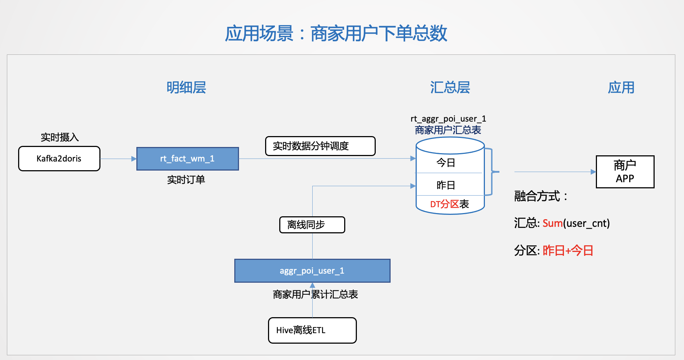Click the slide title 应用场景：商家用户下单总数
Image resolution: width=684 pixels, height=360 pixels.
(336, 34)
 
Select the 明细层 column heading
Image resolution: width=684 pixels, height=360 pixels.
(186, 88)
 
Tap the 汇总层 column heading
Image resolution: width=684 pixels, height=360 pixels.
(450, 88)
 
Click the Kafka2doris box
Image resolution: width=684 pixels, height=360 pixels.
(59, 159)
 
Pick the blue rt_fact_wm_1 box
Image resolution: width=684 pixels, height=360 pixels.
(188, 159)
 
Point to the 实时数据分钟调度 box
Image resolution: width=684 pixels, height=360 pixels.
(320, 146)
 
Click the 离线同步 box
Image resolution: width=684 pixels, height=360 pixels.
(312, 225)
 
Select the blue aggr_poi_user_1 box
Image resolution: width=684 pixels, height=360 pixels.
(312, 271)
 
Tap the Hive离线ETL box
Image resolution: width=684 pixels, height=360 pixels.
(312, 330)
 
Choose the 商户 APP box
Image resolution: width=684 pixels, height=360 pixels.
(625, 172)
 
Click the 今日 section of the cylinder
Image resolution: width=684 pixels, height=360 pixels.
(446, 163)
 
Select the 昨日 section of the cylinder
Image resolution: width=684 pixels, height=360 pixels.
(446, 185)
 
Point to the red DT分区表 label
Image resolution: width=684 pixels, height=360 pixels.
(449, 204)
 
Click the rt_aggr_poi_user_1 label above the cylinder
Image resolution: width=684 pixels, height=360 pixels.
(448, 119)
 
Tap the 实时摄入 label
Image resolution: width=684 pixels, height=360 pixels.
(59, 137)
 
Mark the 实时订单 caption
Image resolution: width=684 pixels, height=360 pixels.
(186, 180)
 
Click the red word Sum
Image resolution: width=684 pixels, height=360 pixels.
(552, 223)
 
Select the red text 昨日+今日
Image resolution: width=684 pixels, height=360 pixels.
(568, 250)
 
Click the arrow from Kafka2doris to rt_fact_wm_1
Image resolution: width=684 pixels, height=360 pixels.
(118, 159)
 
